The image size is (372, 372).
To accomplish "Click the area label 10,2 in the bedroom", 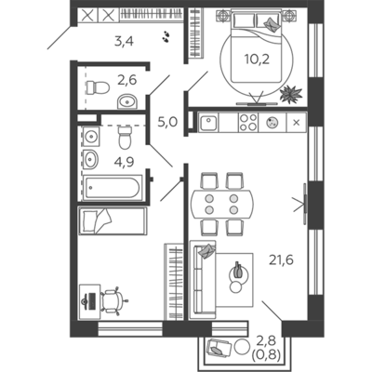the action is pos(257,59).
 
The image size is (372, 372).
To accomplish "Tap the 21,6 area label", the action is pos(281,259).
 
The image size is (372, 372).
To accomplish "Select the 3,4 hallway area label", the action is pos(124,41).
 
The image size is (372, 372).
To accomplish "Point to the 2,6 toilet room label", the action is pos(126,80).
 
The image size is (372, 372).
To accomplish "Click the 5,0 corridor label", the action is pos(167,122).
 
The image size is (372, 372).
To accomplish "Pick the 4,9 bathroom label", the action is pos(124,162).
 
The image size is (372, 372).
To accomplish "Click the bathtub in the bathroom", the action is pos(113,188).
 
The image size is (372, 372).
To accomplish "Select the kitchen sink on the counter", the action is pos(209,123).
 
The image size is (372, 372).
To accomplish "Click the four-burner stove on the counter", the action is pos(247,123).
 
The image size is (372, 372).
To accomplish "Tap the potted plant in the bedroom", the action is pos(291,94).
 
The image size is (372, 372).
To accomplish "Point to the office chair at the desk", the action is pos(113,300).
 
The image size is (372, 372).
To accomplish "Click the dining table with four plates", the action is pos(221,204).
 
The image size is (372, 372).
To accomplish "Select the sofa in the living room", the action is pos(203,280).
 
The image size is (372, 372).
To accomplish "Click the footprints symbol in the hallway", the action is pos(166,36).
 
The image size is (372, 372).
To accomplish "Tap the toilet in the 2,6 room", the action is pos(98,87).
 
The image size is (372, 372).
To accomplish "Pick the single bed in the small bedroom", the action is pos(113,221).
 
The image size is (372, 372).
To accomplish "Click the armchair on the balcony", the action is pos(219,348).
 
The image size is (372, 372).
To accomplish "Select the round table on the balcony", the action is pos(242,347).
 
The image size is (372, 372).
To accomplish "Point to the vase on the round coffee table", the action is pos(238,270).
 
